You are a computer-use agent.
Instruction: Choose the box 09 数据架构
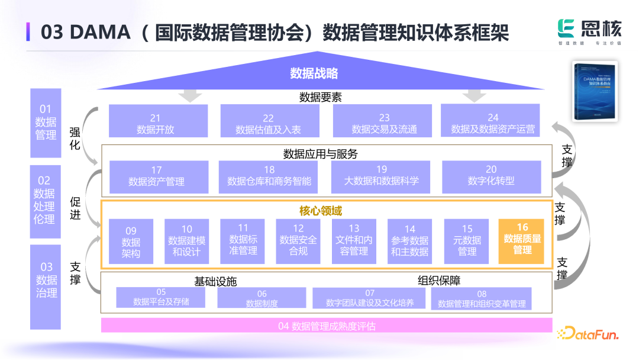click(x=131, y=242)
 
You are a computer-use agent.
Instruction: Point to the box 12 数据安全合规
click(x=298, y=242)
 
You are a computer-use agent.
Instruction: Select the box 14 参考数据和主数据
click(x=409, y=242)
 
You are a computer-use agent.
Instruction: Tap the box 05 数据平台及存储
click(x=161, y=297)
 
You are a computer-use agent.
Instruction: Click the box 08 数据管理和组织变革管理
click(x=481, y=298)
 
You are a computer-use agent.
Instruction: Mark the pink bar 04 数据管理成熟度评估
click(x=327, y=326)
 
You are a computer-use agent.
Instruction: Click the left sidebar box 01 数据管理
click(x=46, y=123)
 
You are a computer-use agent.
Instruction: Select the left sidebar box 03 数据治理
click(x=46, y=287)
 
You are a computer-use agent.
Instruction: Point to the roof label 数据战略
click(x=314, y=73)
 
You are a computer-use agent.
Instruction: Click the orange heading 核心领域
click(x=320, y=211)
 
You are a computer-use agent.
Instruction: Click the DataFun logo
click(x=588, y=334)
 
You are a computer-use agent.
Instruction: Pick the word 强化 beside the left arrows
click(x=75, y=139)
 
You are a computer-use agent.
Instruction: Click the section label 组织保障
click(x=438, y=280)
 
